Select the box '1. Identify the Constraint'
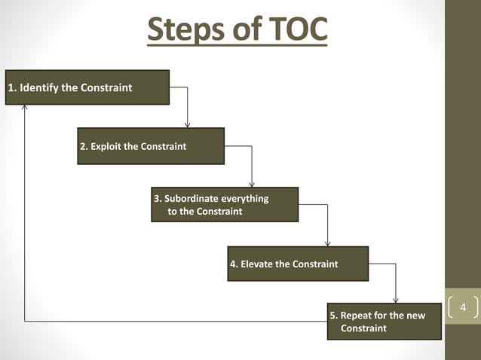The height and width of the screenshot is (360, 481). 87,87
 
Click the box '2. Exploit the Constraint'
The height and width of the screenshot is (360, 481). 151,146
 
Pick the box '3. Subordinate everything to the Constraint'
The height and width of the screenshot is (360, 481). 225,205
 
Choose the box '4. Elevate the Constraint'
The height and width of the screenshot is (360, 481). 298,264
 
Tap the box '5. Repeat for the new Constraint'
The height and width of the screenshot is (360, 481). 384,322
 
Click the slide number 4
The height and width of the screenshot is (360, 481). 463,308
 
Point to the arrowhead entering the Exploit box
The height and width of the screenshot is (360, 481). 188,124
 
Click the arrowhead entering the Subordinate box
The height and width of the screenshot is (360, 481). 253,184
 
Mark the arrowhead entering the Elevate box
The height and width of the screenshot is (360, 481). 327,243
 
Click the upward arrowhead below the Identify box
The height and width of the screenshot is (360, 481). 25,108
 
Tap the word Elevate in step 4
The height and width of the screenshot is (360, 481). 258,264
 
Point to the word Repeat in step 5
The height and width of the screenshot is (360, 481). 357,316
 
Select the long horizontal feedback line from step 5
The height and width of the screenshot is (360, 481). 173,322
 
